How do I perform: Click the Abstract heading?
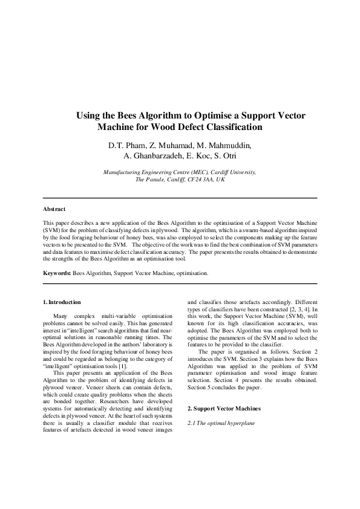click(54, 209)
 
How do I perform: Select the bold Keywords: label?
click(57, 273)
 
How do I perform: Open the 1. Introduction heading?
click(62, 302)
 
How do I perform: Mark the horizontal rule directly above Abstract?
click(180, 198)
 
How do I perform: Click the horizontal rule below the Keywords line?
click(180, 283)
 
